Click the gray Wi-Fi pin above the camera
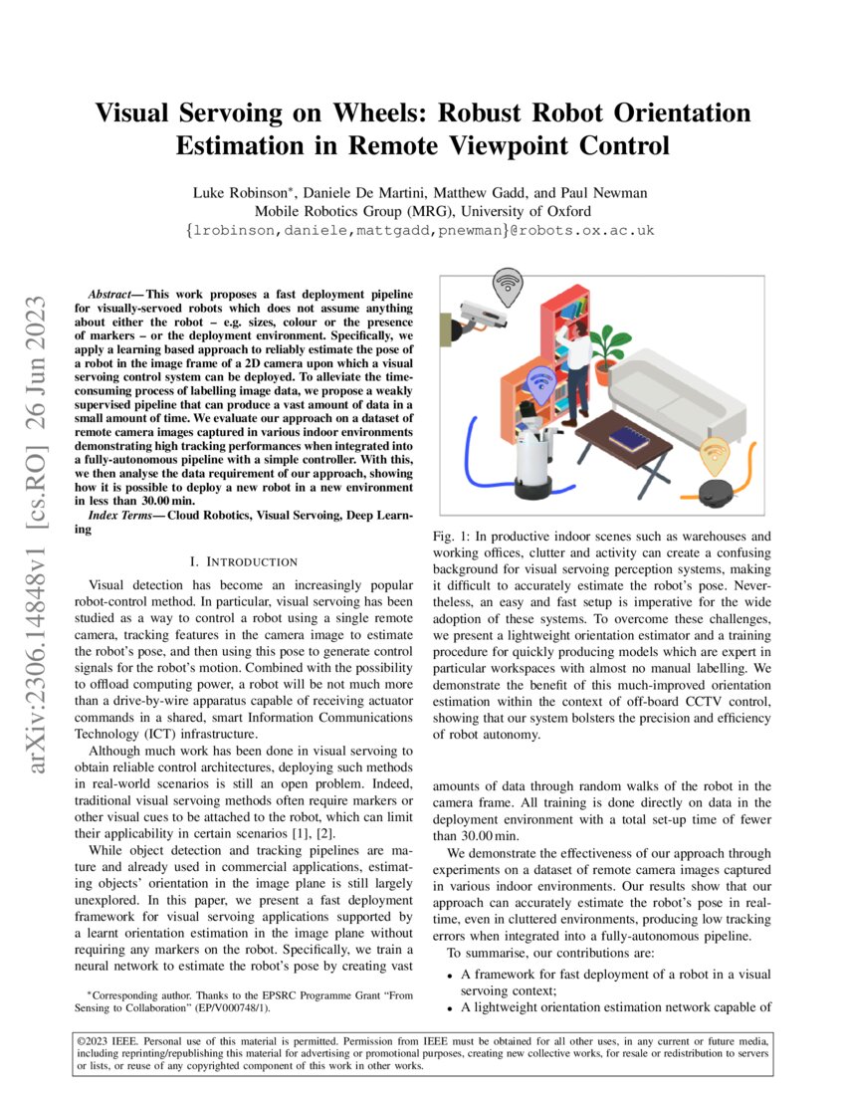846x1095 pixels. [509, 285]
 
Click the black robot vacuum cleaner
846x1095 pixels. [717, 491]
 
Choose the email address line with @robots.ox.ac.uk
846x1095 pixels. [421, 231]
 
